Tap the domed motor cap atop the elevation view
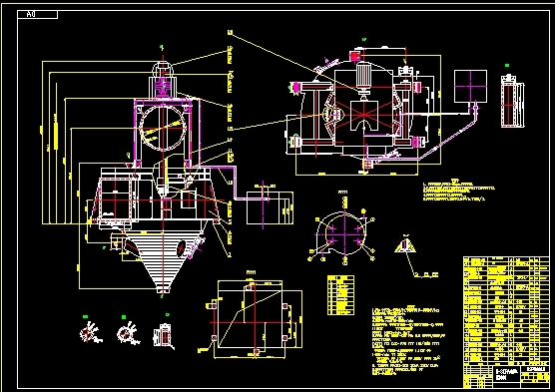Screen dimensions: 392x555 click(163, 68)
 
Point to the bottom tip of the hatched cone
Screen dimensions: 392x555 click(162, 293)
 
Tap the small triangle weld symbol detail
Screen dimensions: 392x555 click(406, 245)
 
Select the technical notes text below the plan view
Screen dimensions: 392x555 click(459, 193)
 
